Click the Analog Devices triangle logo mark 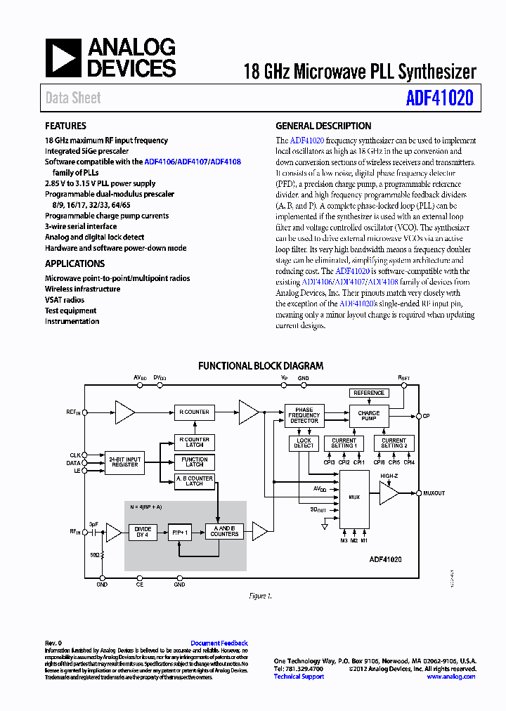(64, 58)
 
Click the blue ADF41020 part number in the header (439, 98)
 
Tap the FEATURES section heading (66, 126)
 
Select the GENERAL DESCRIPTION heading (323, 126)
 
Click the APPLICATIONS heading (74, 263)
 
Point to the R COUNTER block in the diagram (195, 412)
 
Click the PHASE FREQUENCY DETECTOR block (304, 415)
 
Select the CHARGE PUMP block (368, 416)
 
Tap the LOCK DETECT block (304, 443)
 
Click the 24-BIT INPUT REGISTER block (124, 462)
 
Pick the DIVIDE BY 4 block (142, 531)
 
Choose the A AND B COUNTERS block (225, 531)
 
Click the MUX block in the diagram (354, 497)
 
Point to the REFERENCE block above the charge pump (369, 393)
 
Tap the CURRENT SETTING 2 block (394, 443)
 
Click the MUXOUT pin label (434, 493)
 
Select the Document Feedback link (219, 643)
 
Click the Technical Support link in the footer (299, 677)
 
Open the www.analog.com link (450, 677)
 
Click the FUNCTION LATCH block (195, 462)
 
